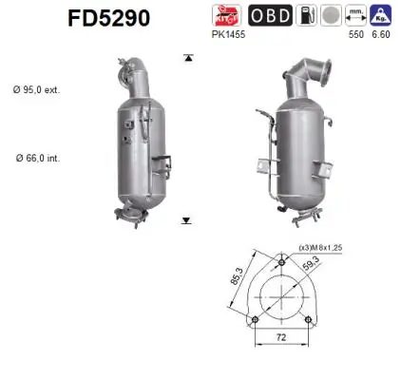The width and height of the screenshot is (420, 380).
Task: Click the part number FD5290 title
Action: pos(108,18)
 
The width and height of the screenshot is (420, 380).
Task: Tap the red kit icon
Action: pos(228,16)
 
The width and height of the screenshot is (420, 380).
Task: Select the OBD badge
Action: pos(270,16)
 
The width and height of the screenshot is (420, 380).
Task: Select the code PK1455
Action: pos(233,36)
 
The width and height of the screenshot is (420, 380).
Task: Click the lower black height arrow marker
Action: pos(187,220)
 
